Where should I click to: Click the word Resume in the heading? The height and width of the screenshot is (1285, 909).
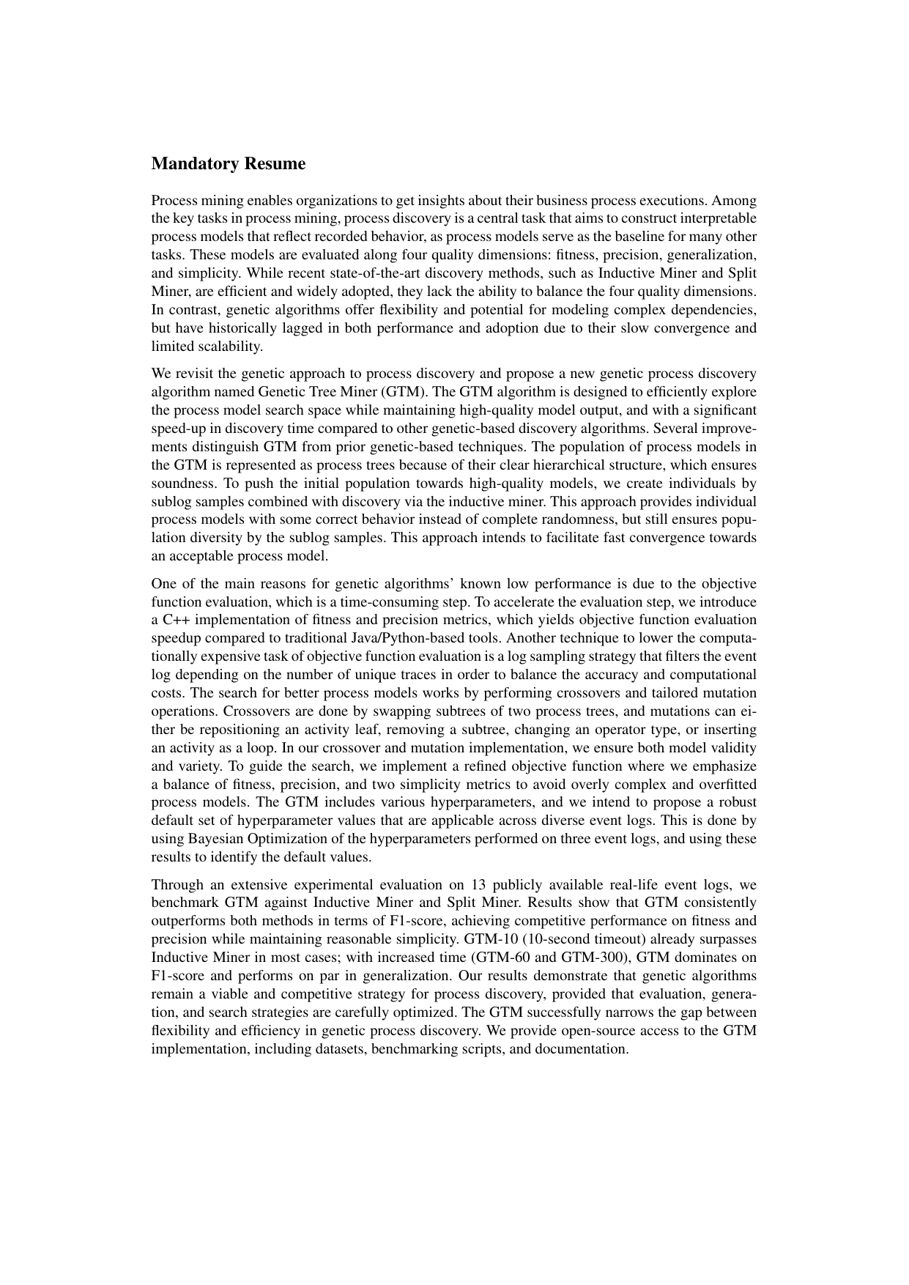(x=275, y=164)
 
